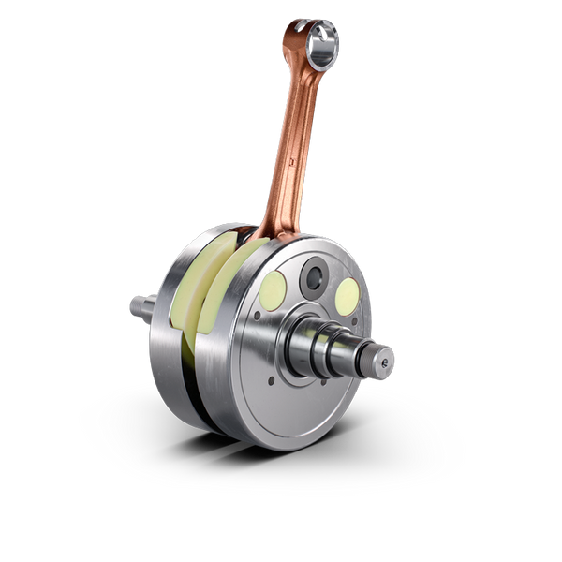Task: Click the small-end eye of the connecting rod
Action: point(324,41)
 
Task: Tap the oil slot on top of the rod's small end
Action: point(299,22)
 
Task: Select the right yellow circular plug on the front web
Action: point(347,296)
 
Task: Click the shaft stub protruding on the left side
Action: point(140,305)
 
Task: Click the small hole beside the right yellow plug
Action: point(360,323)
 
